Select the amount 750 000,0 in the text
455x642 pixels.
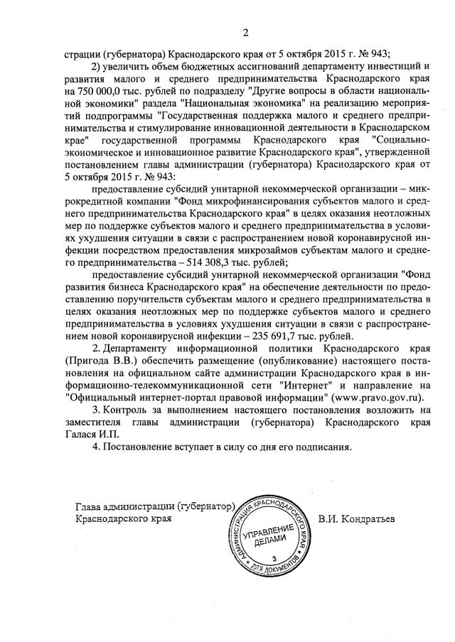(x=101, y=92)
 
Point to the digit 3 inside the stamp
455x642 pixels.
(x=272, y=561)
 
